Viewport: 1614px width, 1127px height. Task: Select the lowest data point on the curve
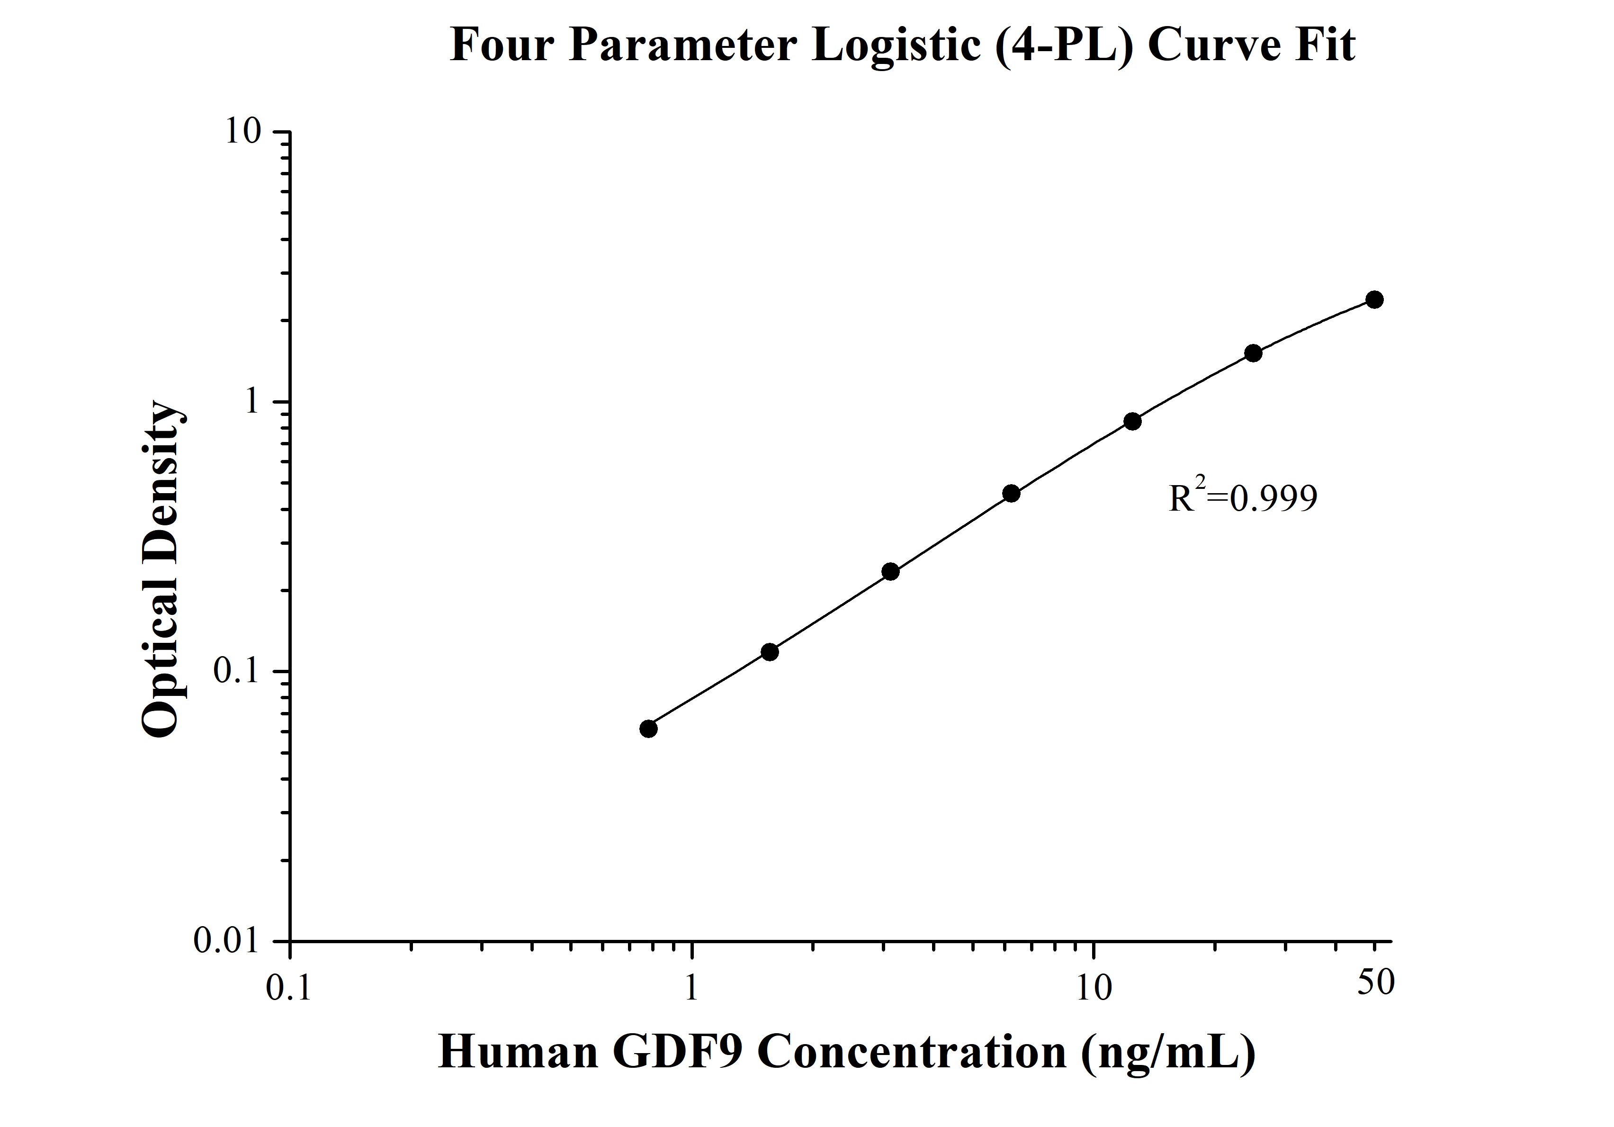[648, 729]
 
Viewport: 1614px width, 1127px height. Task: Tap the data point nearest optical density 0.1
[770, 652]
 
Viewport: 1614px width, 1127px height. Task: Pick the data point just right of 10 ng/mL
[1132, 421]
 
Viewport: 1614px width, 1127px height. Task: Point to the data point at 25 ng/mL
[1253, 353]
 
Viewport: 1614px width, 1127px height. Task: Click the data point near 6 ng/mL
[1011, 494]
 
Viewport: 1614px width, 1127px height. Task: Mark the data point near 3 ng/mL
[890, 572]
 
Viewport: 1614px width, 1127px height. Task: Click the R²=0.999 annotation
[1242, 496]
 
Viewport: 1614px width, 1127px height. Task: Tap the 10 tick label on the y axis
[242, 132]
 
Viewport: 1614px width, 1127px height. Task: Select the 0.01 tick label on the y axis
[227, 940]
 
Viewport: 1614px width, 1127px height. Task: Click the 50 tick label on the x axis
[1375, 982]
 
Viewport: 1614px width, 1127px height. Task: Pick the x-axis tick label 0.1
[288, 987]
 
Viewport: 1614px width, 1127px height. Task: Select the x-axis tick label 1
[692, 987]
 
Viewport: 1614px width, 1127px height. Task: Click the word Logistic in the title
[895, 45]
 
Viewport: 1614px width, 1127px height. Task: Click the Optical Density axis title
[162, 569]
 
